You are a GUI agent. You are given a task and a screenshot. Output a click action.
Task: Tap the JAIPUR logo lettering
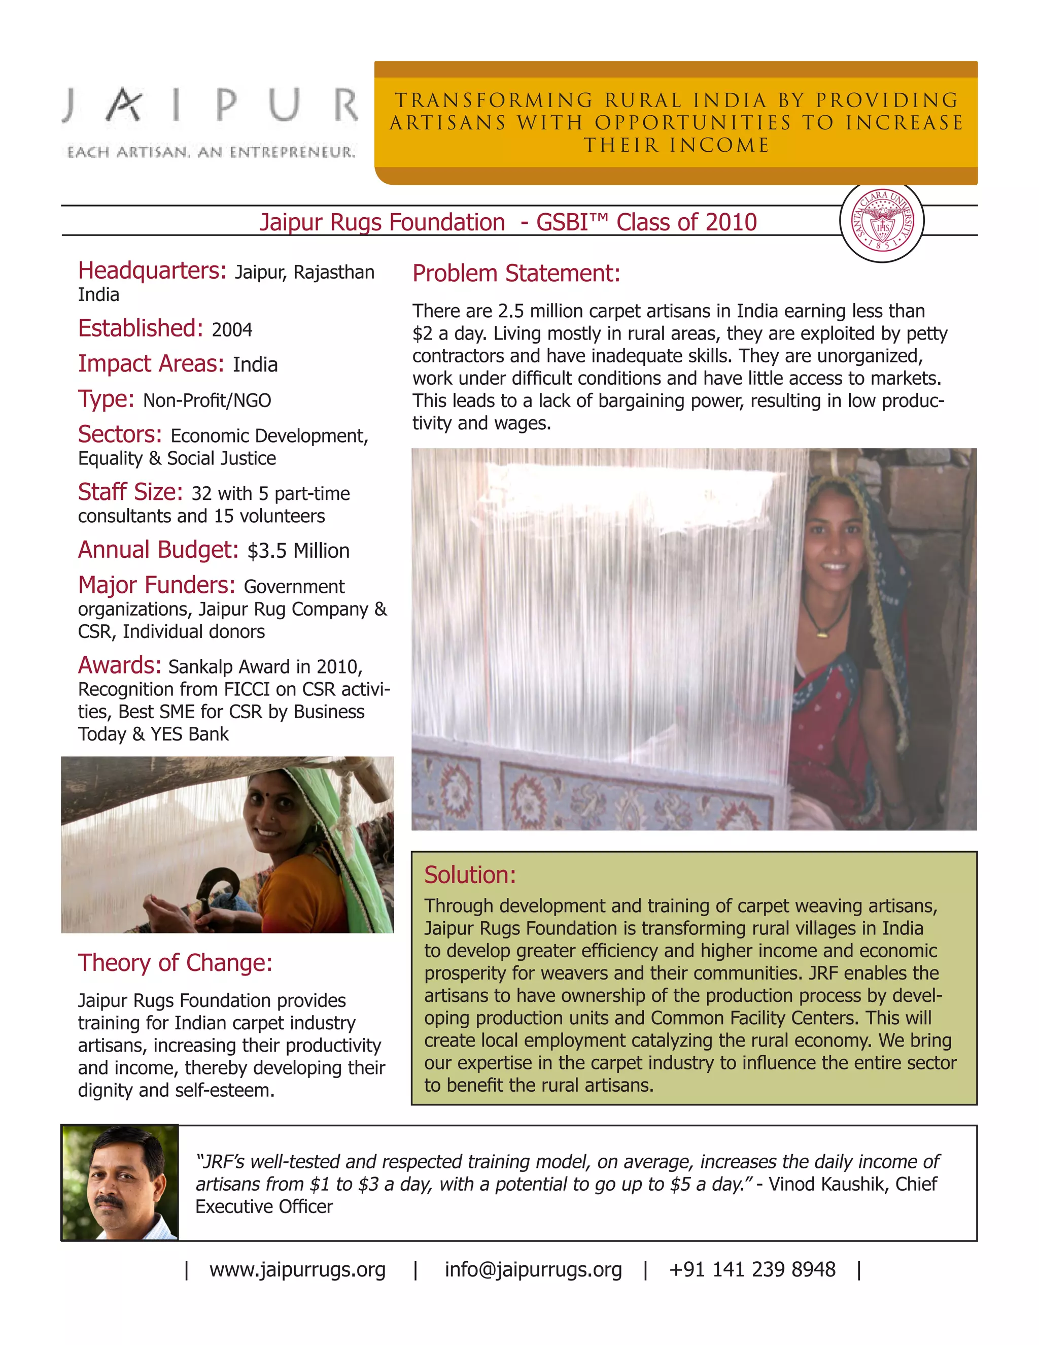pos(210,105)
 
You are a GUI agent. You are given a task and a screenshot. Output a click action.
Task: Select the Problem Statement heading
pos(516,274)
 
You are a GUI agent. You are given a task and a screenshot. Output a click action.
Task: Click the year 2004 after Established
pos(232,330)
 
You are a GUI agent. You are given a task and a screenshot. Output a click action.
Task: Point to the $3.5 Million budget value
pos(298,551)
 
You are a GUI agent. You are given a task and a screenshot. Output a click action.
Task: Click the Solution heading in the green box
pos(470,875)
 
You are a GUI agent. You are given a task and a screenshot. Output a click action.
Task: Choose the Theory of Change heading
pos(175,962)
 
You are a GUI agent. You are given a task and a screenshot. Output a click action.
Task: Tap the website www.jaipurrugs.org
pos(297,1269)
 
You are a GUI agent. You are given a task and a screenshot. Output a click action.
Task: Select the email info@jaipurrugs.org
pos(533,1269)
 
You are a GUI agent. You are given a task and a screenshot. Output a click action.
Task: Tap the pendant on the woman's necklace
pos(821,632)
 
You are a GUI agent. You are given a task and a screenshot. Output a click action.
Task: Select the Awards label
pos(119,666)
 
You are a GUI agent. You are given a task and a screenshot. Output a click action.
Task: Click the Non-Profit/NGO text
pos(207,401)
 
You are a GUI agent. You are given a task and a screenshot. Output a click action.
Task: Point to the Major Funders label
pos(156,585)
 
